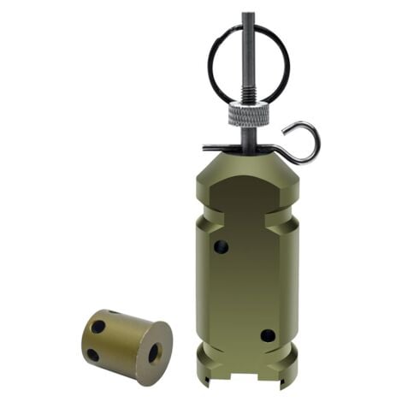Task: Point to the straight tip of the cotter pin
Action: (x=206, y=146)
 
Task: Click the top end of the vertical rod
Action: (x=246, y=15)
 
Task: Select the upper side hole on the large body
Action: (x=222, y=248)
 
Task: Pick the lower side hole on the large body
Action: (x=268, y=335)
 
